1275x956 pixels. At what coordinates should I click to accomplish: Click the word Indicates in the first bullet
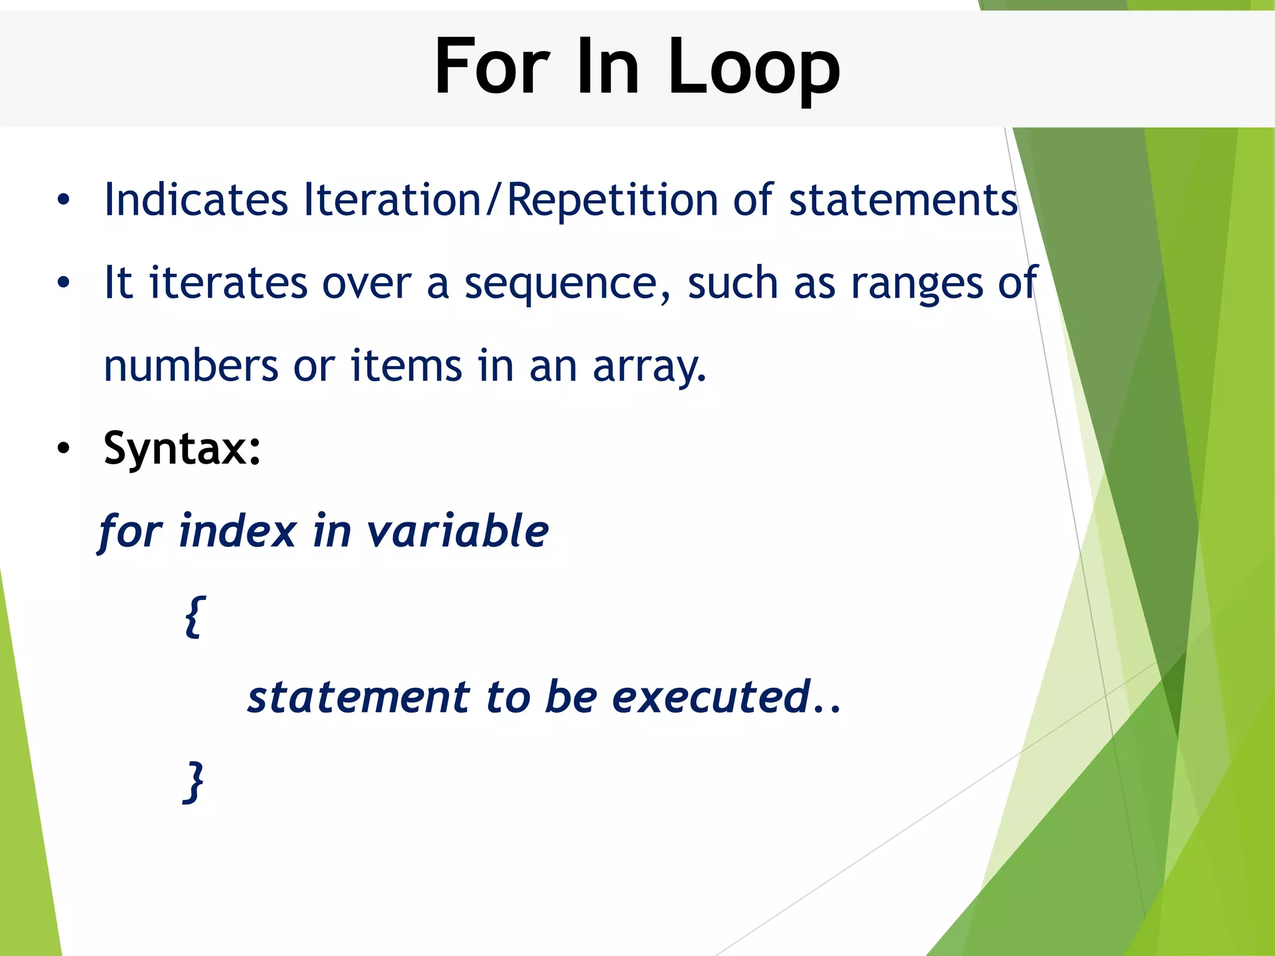point(196,200)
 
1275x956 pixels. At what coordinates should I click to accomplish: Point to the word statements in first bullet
point(903,201)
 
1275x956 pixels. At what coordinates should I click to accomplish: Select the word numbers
point(191,366)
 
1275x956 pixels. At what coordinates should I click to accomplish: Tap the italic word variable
point(458,532)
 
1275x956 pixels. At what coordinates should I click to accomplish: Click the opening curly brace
point(195,616)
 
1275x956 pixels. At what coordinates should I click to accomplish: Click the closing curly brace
point(194,781)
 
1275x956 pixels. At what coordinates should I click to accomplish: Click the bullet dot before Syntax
point(63,449)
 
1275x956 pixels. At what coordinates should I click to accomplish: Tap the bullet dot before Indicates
point(63,200)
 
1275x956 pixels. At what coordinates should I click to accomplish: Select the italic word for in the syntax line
point(130,533)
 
